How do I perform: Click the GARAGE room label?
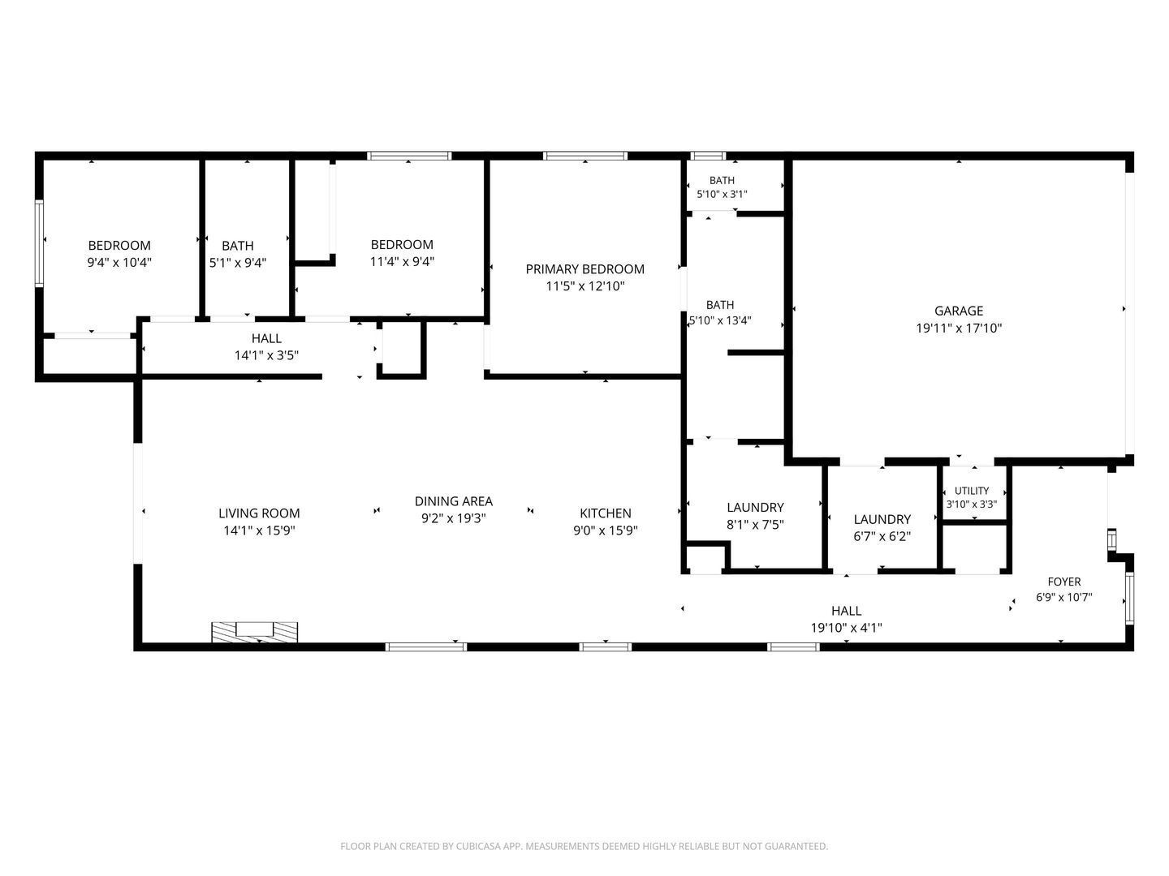(958, 311)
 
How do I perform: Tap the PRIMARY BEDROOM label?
(584, 269)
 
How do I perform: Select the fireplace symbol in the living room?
(255, 632)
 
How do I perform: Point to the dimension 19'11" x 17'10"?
(958, 328)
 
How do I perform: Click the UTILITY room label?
(972, 491)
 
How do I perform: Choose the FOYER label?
(1064, 582)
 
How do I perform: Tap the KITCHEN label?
(606, 513)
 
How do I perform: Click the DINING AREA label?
(453, 501)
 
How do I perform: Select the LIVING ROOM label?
(259, 513)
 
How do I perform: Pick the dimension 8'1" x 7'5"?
(755, 525)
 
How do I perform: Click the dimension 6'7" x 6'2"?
(882, 536)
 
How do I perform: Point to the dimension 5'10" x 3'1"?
(722, 194)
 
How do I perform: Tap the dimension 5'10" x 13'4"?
(720, 320)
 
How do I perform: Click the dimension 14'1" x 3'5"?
(266, 355)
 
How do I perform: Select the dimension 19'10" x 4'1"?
(846, 628)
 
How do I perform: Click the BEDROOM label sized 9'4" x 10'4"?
(119, 245)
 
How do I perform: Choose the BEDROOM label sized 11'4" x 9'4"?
(402, 245)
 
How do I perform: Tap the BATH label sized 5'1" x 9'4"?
(238, 246)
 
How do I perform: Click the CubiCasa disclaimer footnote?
(584, 846)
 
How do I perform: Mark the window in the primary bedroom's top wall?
(584, 156)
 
